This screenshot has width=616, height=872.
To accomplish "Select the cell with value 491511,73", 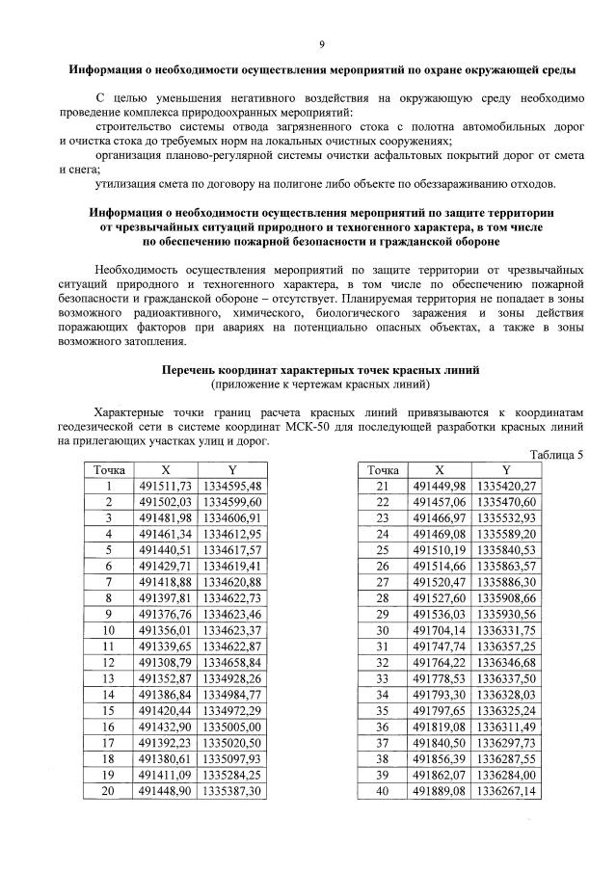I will click(167, 486).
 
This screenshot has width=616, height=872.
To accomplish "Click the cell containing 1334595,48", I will click(233, 486).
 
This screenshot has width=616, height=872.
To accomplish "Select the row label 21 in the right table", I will click(383, 486).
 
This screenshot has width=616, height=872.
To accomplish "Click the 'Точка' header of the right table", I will click(383, 469).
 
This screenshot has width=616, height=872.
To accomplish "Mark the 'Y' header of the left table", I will click(233, 469).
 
